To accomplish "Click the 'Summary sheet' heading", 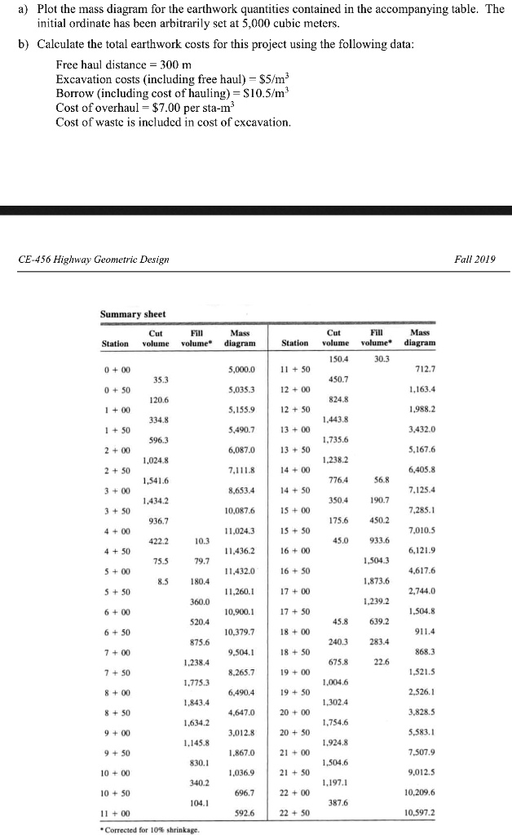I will (x=132, y=313).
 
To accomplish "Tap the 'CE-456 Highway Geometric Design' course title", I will (x=94, y=260).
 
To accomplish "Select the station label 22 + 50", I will (x=298, y=812).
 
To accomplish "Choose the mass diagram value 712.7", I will (x=422, y=369).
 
